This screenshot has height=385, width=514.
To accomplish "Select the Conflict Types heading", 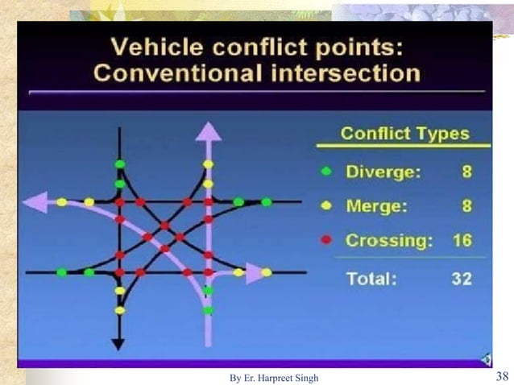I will pos(405,133).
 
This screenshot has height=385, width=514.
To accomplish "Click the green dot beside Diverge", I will pos(326,171).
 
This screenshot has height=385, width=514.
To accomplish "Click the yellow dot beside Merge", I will pos(326,205).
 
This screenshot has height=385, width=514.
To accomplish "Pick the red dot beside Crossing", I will pos(326,240).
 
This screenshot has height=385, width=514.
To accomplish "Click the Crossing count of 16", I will pos(460,240).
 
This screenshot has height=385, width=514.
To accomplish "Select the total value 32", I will pos(460,279).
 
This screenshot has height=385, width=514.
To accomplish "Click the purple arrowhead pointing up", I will pos(208,129).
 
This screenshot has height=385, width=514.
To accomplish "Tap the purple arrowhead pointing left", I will pos(35,202).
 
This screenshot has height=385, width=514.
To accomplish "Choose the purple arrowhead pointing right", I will pos(255,273).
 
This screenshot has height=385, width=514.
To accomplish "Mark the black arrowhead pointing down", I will pos(118,343).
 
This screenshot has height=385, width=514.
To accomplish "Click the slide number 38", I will pos(499,376).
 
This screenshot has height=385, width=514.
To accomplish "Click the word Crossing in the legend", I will pos(383,240).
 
